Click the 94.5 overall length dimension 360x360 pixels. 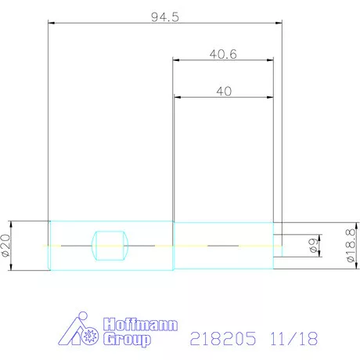click(x=165, y=16)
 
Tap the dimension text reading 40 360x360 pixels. click(x=223, y=91)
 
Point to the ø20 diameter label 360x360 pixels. click(x=6, y=245)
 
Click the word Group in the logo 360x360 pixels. click(x=125, y=340)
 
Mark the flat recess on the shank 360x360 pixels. click(x=110, y=246)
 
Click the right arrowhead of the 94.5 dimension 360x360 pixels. click(x=279, y=23)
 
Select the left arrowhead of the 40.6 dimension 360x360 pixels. click(x=176, y=59)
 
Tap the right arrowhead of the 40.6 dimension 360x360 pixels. click(x=270, y=59)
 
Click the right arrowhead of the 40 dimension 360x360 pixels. click(x=269, y=97)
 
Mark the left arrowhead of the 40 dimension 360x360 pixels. click(x=176, y=97)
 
